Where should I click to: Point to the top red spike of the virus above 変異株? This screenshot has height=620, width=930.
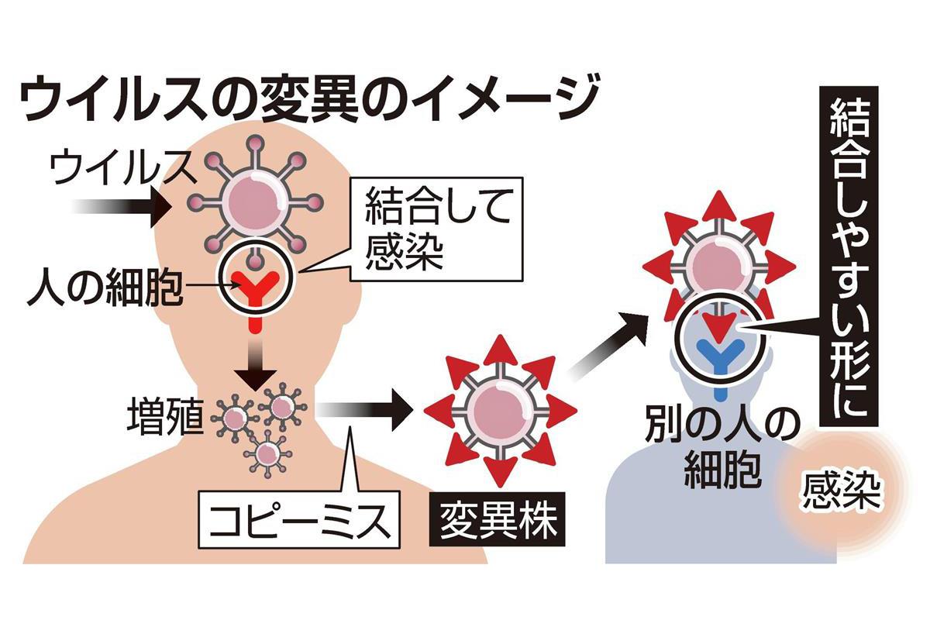coord(501,349)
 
